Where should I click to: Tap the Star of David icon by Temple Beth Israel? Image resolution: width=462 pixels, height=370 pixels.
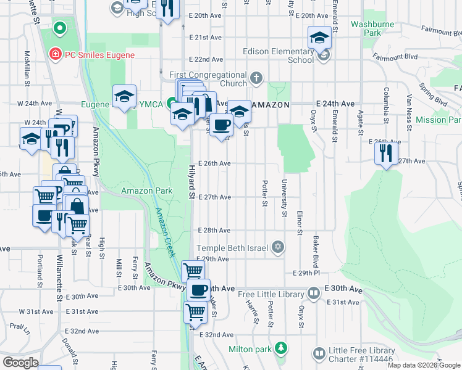point(278,247)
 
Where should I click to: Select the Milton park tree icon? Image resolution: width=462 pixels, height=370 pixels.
point(282,348)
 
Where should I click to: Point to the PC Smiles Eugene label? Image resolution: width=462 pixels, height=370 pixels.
point(99,54)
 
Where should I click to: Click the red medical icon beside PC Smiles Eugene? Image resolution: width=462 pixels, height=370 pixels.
point(55,54)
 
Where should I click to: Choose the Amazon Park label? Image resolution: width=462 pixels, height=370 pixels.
point(146,191)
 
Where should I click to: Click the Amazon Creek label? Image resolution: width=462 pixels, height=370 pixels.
point(166,232)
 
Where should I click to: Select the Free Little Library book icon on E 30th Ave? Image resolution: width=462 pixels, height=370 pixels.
point(314,294)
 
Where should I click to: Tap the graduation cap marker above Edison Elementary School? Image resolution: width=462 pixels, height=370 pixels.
point(319,37)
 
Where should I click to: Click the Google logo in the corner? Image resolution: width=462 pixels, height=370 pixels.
point(20,363)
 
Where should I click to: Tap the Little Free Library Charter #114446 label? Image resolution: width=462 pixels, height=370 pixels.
point(361,355)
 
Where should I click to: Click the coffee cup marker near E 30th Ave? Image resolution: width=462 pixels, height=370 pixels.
point(198,289)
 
